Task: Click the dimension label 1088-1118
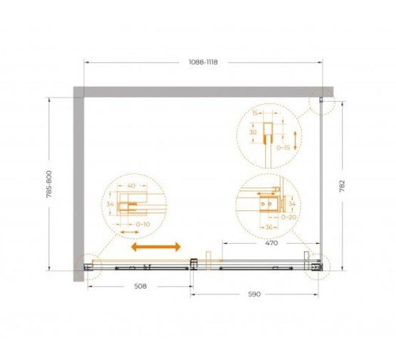tap(203, 62)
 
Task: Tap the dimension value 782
tap(342, 186)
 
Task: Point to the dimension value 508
tap(141, 286)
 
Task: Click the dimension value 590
tap(254, 294)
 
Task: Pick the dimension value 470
tap(272, 243)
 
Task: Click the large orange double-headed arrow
tap(156, 247)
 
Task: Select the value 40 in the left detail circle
tap(131, 186)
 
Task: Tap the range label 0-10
tap(143, 224)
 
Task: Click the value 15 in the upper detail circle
tap(255, 113)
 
